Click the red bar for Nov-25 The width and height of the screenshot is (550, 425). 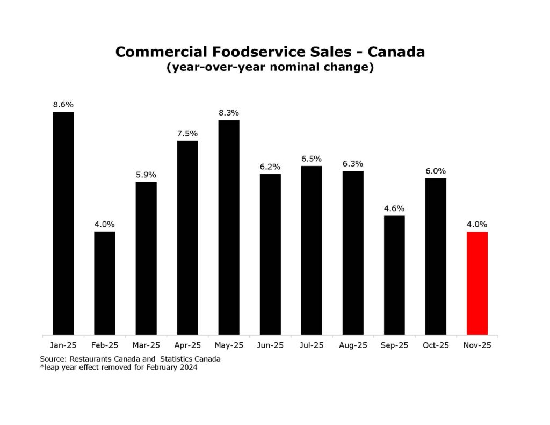477,283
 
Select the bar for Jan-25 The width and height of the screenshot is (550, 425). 63,223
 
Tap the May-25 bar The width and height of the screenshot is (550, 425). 229,227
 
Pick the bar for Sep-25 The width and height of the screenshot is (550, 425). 394,275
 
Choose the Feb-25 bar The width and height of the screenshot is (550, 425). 105,283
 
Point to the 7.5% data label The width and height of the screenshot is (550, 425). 187,133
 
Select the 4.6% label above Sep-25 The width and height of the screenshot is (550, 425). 394,208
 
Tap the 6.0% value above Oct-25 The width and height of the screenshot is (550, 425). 436,171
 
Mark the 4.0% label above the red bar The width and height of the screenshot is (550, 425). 477,224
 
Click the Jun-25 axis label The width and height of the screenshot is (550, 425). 270,345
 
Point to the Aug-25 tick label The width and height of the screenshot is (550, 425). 353,345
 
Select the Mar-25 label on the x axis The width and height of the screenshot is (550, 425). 146,345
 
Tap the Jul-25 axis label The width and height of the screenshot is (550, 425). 312,345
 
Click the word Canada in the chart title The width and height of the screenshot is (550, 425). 397,52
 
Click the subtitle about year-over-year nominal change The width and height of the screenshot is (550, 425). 270,68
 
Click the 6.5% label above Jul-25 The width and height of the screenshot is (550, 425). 312,159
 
